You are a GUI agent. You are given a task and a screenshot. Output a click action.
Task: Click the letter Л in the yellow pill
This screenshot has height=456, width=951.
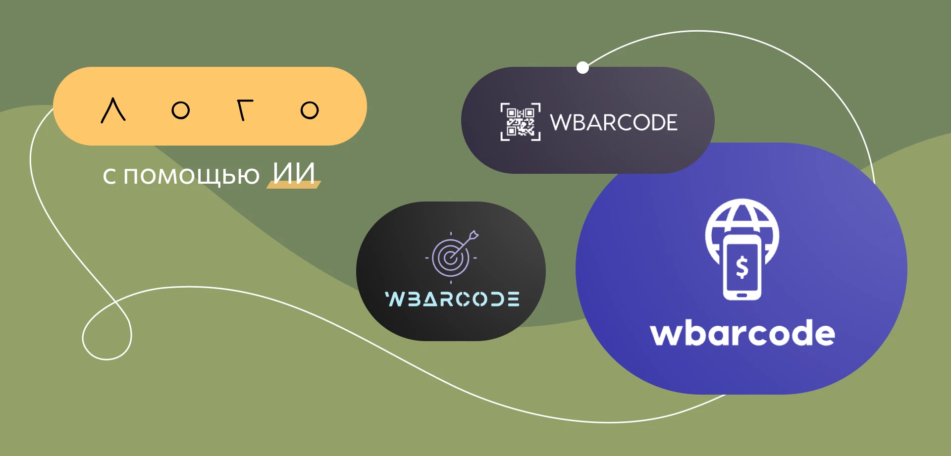113,110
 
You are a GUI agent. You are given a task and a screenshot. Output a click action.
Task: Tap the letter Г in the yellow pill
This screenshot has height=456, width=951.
244,110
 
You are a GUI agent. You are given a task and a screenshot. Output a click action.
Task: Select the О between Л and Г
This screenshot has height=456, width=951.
180,110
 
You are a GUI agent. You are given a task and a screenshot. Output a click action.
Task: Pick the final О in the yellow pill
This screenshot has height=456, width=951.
310,110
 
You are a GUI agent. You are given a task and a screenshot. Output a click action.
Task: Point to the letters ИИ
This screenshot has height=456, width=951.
294,174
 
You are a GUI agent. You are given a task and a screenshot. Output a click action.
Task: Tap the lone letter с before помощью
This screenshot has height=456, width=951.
109,177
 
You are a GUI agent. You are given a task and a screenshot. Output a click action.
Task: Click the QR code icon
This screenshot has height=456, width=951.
520,122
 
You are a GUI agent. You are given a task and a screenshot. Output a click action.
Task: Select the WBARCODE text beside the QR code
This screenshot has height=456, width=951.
613,122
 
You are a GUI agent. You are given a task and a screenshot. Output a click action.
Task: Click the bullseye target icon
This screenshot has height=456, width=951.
451,257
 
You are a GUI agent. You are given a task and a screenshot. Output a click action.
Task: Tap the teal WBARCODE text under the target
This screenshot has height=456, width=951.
452,299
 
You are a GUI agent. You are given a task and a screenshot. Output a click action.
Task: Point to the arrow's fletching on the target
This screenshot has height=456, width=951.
474,235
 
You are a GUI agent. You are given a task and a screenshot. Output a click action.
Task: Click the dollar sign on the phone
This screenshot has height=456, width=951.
741,267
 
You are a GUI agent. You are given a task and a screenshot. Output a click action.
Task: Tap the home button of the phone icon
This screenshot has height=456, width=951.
741,296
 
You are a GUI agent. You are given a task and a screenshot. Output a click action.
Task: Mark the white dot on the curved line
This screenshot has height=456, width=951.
583,67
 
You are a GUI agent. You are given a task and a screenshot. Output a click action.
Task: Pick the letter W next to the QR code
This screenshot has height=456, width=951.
560,122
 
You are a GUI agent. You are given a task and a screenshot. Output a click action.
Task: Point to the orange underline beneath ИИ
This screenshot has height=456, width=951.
294,185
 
